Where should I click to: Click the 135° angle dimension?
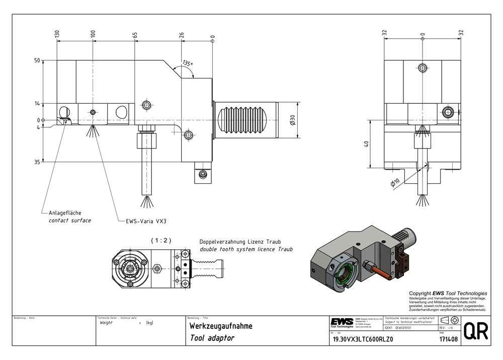188,64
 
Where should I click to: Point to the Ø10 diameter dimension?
395,182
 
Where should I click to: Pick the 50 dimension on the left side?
37,60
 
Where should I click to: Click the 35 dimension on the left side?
37,162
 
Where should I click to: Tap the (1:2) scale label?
161,241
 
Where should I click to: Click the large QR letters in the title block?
475,331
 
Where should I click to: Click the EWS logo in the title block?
342,322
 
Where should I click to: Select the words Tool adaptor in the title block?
212,338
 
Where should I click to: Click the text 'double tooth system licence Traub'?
246,249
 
